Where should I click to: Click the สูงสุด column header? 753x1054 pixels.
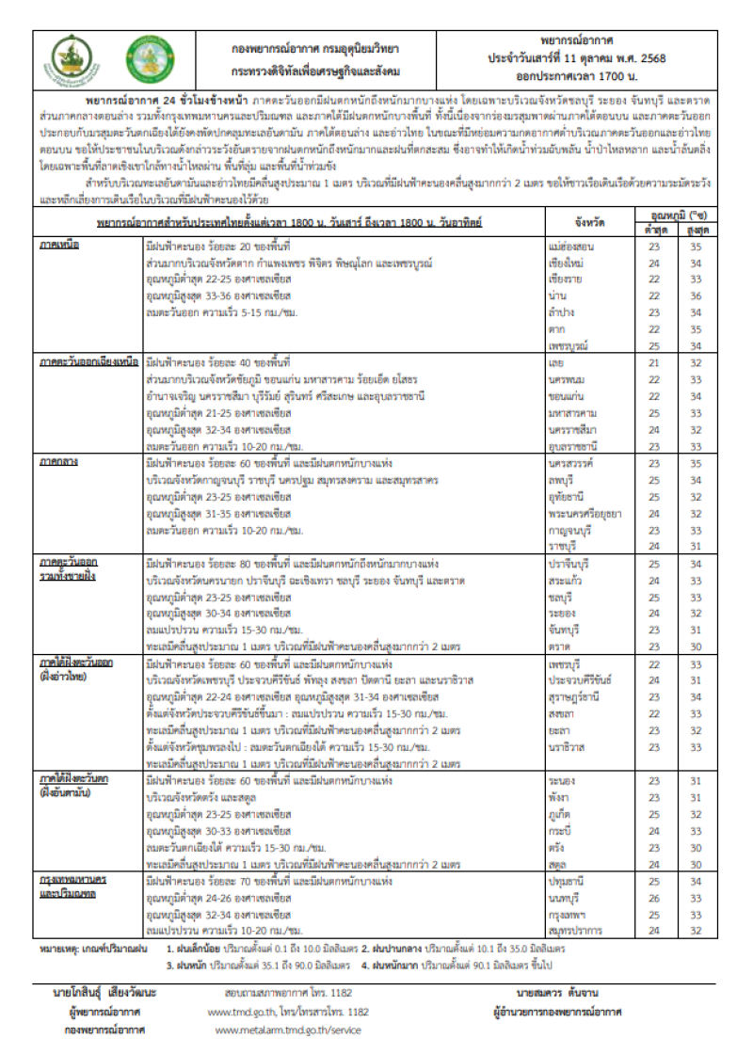[697, 230]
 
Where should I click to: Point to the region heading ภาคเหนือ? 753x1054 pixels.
[58, 245]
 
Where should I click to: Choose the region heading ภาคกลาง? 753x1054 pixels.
[58, 464]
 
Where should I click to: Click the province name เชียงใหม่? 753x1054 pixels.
[567, 263]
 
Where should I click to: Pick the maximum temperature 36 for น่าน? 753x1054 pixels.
[697, 295]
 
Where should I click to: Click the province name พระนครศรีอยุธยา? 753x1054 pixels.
[585, 514]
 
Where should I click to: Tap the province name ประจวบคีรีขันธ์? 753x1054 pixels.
[579, 680]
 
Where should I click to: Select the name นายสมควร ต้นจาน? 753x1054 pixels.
[556, 993]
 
